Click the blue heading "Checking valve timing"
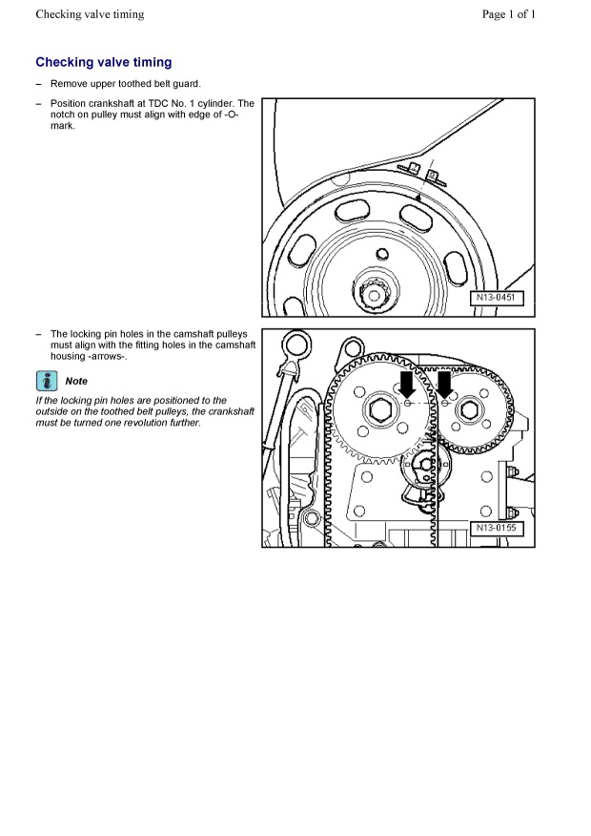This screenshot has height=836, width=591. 104,62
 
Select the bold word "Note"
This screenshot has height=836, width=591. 76,381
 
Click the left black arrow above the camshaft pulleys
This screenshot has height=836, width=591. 408,384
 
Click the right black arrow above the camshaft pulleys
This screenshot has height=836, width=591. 445,384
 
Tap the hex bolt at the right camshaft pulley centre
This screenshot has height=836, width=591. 470,411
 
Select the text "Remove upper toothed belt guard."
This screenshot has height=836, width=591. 125,84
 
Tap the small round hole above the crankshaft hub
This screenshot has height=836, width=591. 381,254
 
